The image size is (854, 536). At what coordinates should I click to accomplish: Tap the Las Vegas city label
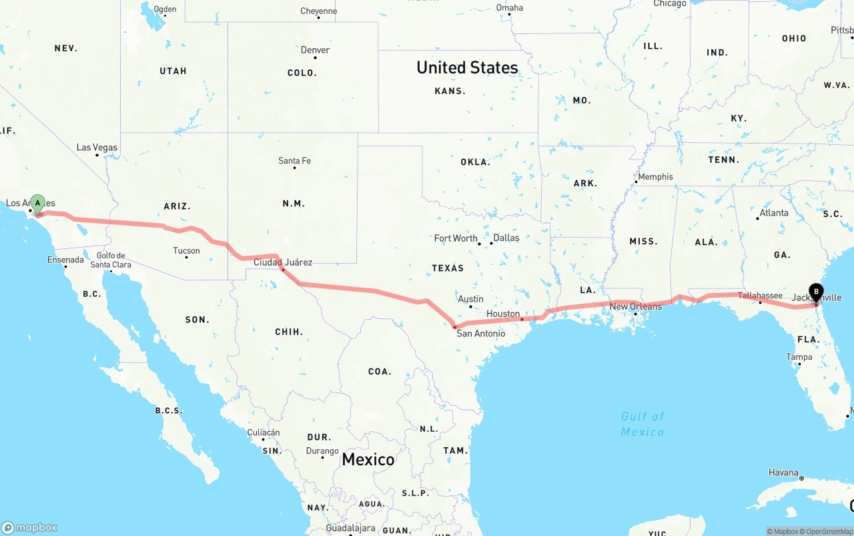click(97, 148)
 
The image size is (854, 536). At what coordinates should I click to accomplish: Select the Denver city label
click(315, 50)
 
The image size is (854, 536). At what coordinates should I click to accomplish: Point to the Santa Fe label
click(294, 161)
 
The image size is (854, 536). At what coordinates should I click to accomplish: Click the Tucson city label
click(186, 251)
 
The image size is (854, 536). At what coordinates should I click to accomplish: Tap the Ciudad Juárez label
click(283, 262)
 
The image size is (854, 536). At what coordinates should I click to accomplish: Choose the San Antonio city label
click(480, 333)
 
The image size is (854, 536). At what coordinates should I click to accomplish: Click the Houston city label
click(503, 314)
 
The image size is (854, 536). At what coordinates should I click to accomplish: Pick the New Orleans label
click(636, 306)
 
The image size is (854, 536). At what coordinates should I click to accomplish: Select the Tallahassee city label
click(760, 296)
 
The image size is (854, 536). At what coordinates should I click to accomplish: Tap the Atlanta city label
click(773, 213)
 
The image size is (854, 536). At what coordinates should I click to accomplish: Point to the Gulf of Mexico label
click(643, 424)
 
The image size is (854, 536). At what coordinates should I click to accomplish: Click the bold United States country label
click(467, 67)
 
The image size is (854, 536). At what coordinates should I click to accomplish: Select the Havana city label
click(783, 473)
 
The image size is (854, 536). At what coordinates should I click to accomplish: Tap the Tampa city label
click(799, 357)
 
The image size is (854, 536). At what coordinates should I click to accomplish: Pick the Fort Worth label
click(456, 238)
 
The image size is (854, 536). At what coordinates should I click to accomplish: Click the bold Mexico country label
click(368, 459)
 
